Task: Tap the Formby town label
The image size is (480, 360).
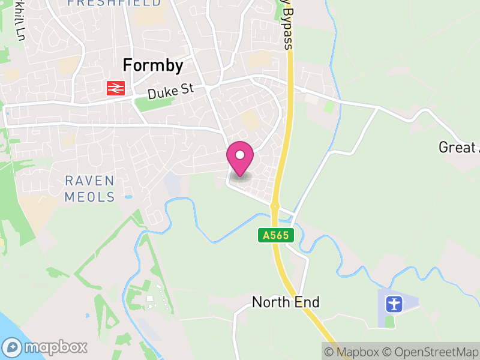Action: [x=152, y=65]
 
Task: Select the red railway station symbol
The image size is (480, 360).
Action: [x=115, y=88]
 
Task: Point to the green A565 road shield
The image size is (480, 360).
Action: [x=277, y=235]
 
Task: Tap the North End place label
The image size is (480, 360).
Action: [x=286, y=302]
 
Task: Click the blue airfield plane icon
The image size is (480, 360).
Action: [x=394, y=304]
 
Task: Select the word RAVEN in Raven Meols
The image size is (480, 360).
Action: [x=89, y=181]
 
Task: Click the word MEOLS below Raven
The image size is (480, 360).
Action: [x=89, y=196]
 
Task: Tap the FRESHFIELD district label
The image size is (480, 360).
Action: [x=114, y=3]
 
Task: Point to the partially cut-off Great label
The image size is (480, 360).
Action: [x=459, y=147]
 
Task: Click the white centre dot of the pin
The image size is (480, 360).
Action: [x=240, y=155]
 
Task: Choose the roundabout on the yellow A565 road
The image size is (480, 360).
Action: [x=275, y=206]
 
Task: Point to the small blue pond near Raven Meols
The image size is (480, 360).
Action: [x=128, y=197]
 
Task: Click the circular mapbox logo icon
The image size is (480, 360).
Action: [x=12, y=347]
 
